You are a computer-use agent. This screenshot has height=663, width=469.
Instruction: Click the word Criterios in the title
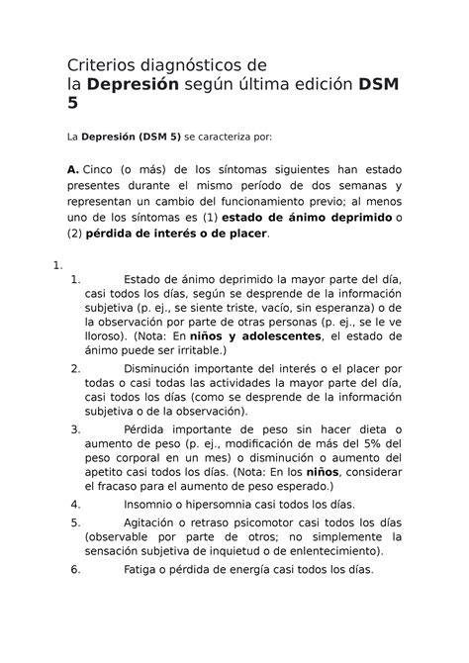pos(102,65)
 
